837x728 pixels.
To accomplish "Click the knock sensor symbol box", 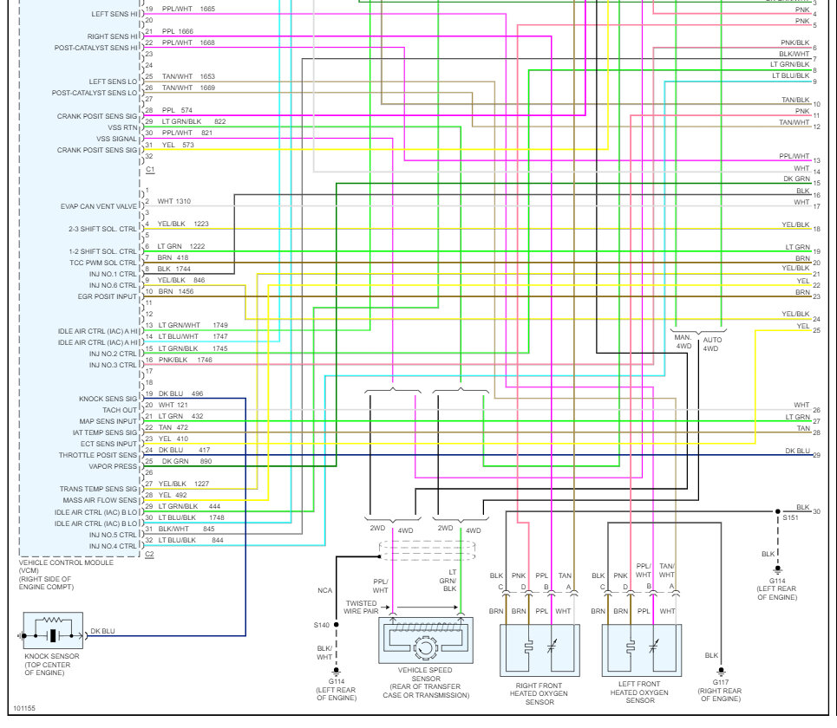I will [54, 631].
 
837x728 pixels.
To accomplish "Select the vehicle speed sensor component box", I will [424, 640].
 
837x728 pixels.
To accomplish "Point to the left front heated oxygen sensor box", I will [642, 649].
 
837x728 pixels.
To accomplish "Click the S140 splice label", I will [322, 624].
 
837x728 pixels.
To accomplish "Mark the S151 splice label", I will [790, 517].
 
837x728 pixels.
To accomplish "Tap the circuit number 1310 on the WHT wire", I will [183, 201].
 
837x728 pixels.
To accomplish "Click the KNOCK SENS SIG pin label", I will [108, 399].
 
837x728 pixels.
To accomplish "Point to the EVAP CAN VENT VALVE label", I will [99, 207].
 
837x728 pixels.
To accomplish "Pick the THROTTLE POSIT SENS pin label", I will [98, 455].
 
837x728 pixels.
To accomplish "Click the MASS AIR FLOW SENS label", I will [99, 500].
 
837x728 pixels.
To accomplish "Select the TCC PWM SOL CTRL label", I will [101, 263].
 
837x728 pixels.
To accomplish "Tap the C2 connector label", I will [149, 554].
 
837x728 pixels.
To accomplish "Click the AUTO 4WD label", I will [711, 343].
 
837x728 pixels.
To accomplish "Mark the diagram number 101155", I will [25, 708].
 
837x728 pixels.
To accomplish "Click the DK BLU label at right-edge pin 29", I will [797, 451].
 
